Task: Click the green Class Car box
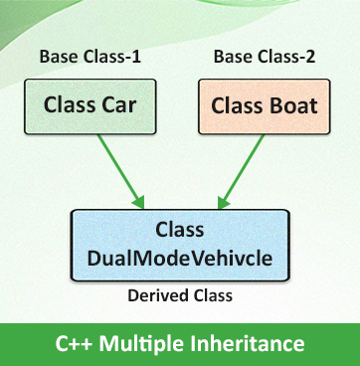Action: [89, 105]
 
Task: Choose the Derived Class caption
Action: [179, 296]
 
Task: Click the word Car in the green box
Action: [114, 105]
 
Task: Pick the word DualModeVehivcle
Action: [180, 258]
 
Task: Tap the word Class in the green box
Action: [68, 105]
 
